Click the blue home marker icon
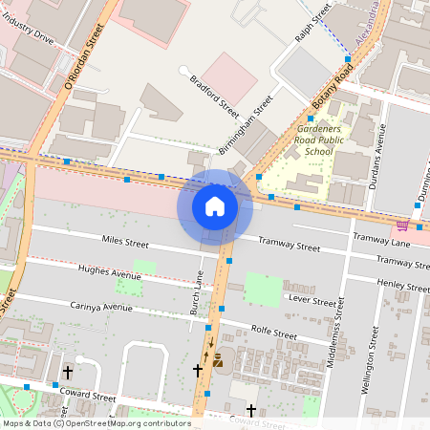(x=215, y=206)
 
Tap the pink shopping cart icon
(x=402, y=226)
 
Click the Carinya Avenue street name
(x=101, y=307)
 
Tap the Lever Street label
(x=312, y=301)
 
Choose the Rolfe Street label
(x=272, y=333)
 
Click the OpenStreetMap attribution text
(x=96, y=423)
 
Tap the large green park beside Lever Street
(x=263, y=289)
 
